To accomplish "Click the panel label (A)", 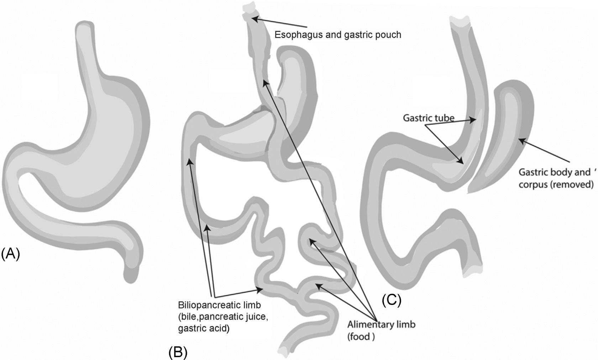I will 10,255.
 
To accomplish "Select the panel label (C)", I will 392,300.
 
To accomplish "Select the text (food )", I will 361,336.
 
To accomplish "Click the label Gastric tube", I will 428,118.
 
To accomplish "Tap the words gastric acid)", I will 204,328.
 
